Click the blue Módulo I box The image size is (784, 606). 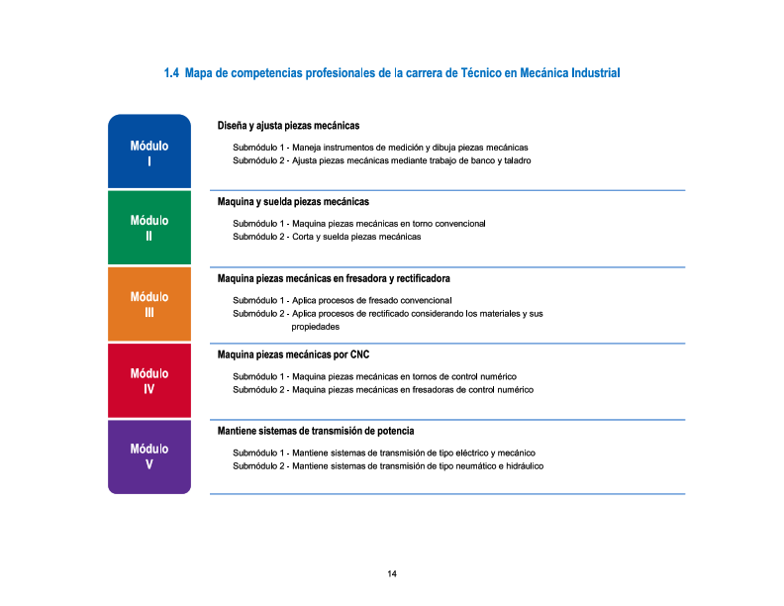pos(148,151)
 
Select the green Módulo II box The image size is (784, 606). pos(148,228)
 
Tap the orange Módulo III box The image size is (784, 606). pos(148,304)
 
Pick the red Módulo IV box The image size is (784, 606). pos(148,381)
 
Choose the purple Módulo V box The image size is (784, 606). pos(148,455)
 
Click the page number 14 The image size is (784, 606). pos(392,574)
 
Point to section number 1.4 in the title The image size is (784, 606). pos(171,73)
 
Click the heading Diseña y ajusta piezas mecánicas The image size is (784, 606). pos(288,126)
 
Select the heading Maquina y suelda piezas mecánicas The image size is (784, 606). pos(293,202)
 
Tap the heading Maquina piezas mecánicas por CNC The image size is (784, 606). pos(293,354)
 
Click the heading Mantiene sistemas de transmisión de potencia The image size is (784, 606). pos(316,431)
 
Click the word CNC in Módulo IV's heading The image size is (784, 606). pos(359,354)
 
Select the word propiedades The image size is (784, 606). pos(316,327)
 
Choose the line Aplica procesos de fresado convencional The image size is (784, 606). pos(371,300)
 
